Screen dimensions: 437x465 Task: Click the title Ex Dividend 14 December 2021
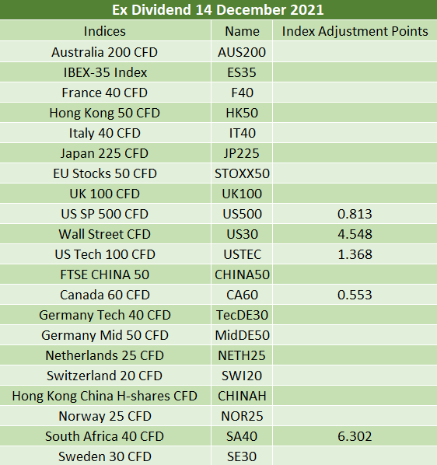click(x=218, y=10)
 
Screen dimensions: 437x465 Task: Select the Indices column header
click(x=105, y=31)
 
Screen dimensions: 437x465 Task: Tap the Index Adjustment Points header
click(x=355, y=31)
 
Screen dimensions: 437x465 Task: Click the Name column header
click(x=243, y=31)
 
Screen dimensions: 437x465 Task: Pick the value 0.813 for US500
click(x=355, y=214)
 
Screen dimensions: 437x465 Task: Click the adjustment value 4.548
click(x=355, y=234)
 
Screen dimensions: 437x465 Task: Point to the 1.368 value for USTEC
click(x=355, y=254)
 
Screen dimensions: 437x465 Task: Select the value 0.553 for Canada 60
click(x=355, y=295)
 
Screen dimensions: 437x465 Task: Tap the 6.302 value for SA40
click(x=355, y=436)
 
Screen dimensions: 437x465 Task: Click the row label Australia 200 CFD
click(x=105, y=52)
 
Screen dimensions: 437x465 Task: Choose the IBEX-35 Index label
click(x=105, y=72)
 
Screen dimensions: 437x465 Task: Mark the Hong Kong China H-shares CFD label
click(x=105, y=396)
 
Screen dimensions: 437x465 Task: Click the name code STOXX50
click(x=243, y=173)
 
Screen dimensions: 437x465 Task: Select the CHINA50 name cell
click(x=243, y=274)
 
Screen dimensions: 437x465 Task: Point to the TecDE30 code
click(x=243, y=315)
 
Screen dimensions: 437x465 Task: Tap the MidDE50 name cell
click(x=243, y=335)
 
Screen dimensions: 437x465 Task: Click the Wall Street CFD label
click(x=105, y=234)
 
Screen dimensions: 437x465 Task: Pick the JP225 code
click(x=242, y=153)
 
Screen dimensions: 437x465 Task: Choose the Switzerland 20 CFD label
click(x=105, y=376)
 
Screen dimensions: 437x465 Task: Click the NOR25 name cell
click(x=243, y=416)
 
